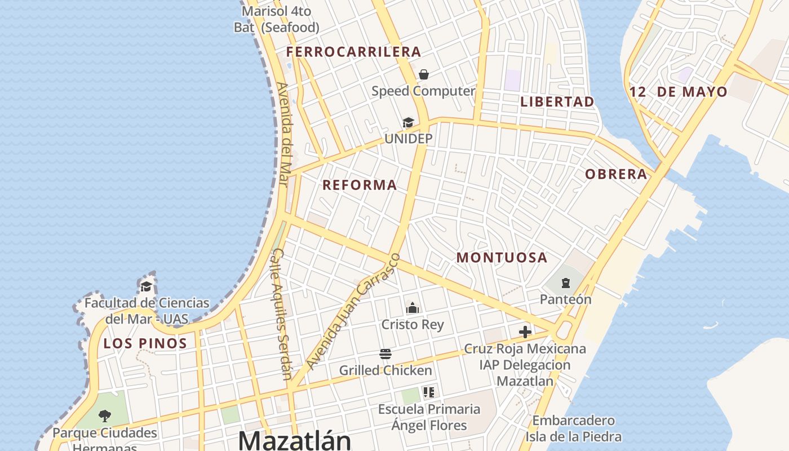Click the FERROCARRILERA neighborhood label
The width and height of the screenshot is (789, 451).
pos(353,52)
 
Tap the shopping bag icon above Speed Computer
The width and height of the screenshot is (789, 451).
pos(424,74)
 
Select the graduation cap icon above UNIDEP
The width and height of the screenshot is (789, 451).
pos(408,122)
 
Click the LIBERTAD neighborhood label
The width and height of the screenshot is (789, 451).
pos(557,102)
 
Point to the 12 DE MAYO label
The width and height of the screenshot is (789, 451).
pos(679,92)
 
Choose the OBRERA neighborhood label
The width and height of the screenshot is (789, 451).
pos(616,174)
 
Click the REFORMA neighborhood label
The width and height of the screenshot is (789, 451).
pos(360,185)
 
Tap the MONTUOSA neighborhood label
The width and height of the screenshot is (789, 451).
pos(502,258)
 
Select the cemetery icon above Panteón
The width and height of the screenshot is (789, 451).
pos(565,283)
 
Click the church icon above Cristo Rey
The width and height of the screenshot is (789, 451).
pos(413,308)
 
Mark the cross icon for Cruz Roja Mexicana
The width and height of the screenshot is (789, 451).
pos(525,332)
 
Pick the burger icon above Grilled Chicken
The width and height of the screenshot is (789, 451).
pos(385,354)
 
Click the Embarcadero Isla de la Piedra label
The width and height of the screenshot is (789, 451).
pos(573,428)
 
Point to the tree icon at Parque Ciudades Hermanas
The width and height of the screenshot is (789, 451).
pos(104,416)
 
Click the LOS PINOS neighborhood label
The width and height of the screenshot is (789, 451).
pos(145,343)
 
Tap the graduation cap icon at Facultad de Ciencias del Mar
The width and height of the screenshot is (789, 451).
pos(147,286)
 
